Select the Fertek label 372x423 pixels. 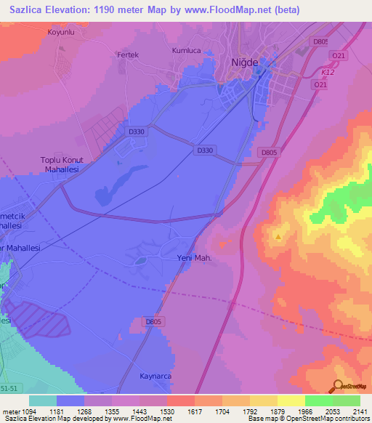coord(127,55)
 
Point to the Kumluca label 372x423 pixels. coord(185,51)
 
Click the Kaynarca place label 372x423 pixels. coord(155,376)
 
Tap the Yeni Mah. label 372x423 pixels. coord(194,258)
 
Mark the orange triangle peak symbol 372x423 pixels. coord(278,236)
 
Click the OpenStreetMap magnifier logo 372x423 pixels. coord(338,386)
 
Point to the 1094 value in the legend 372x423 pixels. coord(28,411)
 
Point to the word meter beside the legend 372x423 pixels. coord(9,411)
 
